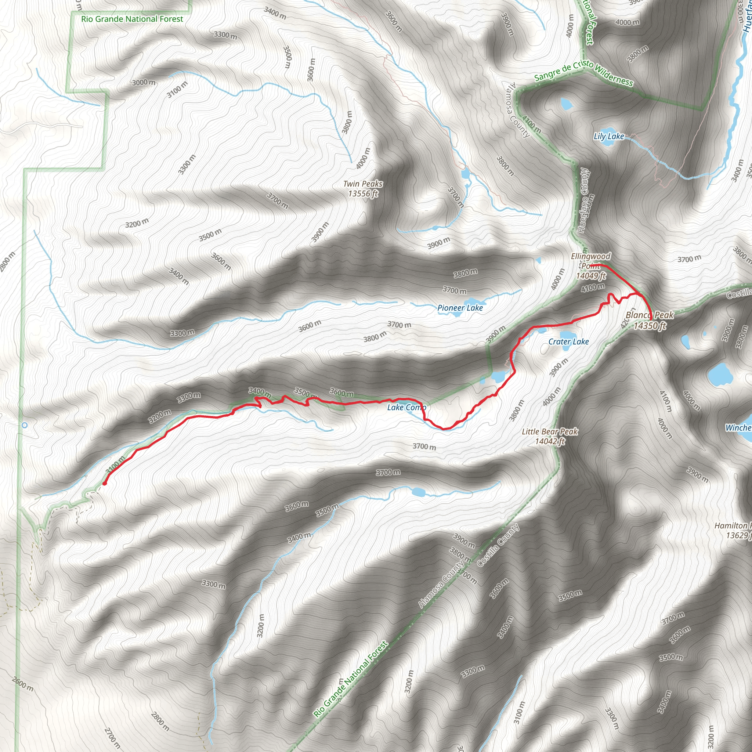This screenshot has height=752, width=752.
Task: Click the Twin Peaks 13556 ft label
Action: point(363,189)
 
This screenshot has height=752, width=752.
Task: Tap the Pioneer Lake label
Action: point(460,308)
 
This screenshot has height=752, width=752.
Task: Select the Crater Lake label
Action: point(568,342)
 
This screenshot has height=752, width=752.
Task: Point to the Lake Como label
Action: point(406,408)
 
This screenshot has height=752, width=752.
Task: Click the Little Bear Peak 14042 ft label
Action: point(550,436)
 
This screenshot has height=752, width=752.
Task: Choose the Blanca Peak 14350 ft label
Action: point(649,320)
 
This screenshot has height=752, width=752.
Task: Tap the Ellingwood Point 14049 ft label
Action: point(590,266)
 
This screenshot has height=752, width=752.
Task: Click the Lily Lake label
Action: point(608,136)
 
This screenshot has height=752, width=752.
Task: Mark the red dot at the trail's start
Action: point(105,484)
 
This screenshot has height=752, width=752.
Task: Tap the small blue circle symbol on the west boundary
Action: point(25,426)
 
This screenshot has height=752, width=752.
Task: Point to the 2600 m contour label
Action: point(22,684)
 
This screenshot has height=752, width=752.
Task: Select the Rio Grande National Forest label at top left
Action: point(132,19)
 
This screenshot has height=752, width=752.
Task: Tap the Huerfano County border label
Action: point(583,200)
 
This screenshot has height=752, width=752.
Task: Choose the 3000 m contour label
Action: point(143,83)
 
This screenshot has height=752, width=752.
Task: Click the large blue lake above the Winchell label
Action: point(720,374)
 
